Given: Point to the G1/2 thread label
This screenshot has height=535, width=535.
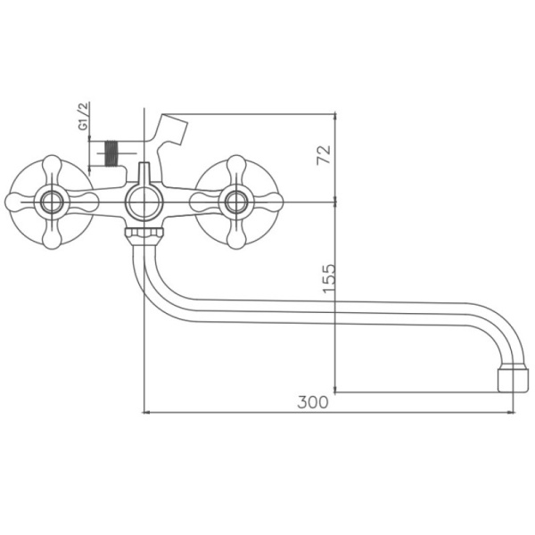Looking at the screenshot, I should coord(83,119).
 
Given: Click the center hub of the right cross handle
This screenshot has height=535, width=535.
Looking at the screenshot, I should coord(237,202).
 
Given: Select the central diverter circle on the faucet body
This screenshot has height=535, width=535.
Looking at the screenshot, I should coord(143,203).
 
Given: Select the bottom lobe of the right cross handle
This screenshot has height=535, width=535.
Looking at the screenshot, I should coord(237,237).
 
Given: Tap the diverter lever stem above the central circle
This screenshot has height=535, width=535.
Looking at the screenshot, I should coord(144,174).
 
